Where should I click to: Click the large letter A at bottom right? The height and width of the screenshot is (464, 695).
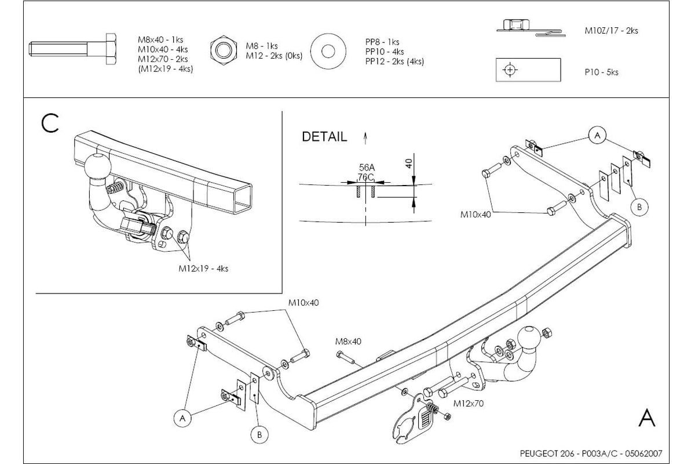pos(647,418)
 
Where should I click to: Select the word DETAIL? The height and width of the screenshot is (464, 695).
pos(324,137)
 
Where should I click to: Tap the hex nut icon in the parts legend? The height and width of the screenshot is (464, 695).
pos(224,50)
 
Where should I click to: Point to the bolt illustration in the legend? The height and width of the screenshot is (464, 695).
pos(72,49)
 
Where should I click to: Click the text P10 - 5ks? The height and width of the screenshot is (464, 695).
pos(601,72)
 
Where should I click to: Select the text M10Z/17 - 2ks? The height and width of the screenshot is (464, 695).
pos(611,31)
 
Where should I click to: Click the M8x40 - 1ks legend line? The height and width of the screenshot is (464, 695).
pos(160,40)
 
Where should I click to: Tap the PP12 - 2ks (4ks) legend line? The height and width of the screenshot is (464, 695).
pos(394,61)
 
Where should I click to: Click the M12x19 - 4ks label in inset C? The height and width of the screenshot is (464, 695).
pos(203,269)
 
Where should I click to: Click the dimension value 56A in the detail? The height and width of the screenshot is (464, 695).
pos(367,168)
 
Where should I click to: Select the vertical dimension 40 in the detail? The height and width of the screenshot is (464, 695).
pos(409,163)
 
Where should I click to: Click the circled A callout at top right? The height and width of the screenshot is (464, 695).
pos(597,136)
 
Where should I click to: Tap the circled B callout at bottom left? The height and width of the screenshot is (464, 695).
pos(259,434)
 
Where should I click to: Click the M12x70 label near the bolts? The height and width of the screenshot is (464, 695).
pos(469,404)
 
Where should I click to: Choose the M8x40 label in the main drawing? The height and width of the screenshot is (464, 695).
pos(348,341)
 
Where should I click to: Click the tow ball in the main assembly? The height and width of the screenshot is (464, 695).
pos(529,337)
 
